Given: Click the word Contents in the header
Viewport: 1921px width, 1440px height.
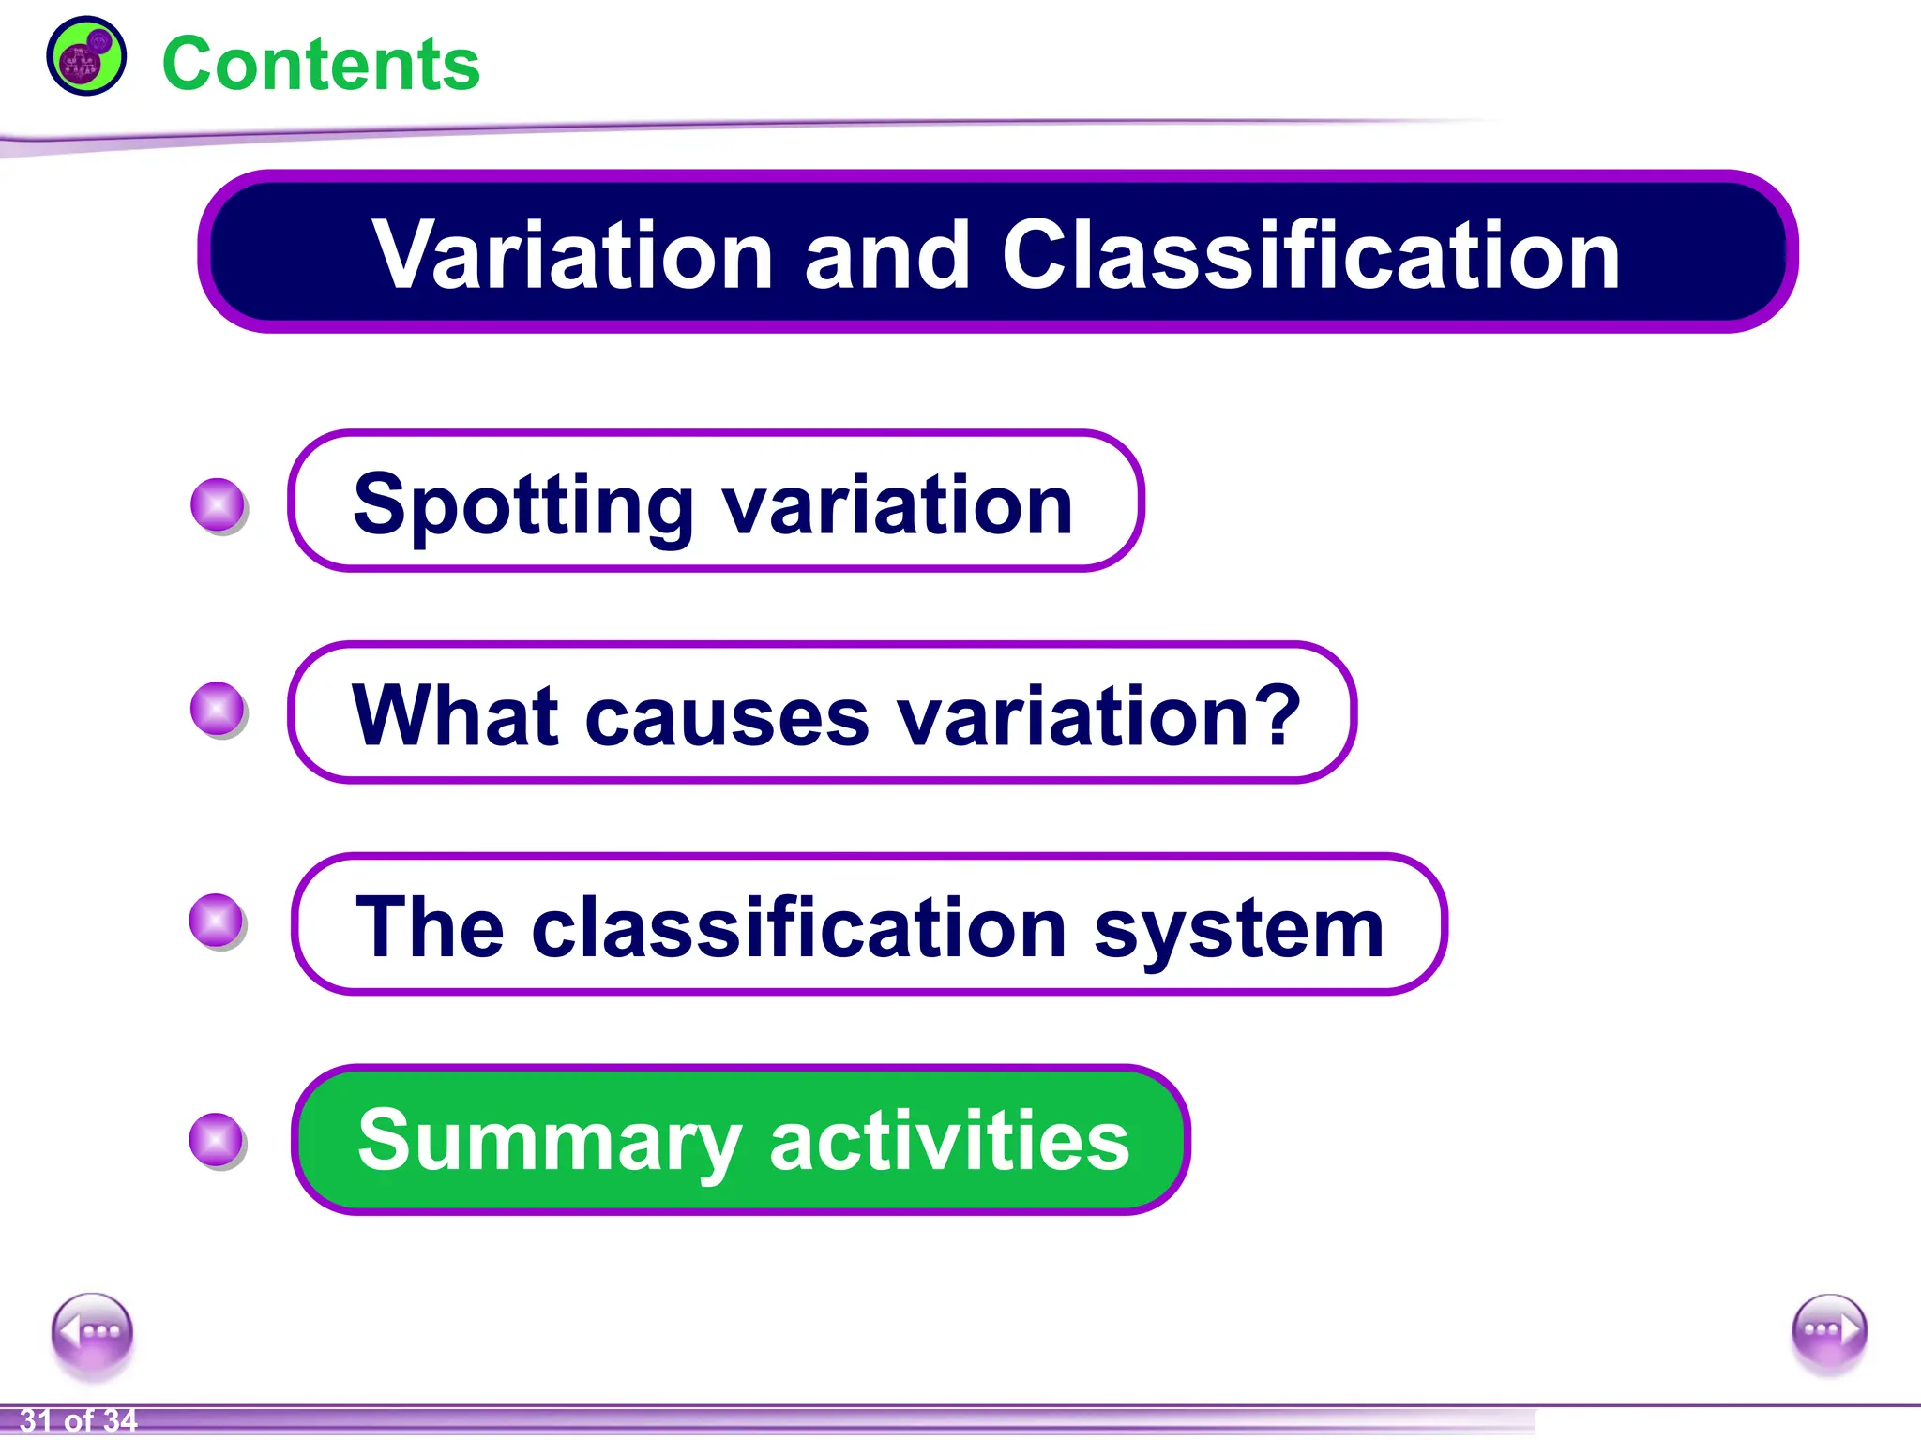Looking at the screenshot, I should click(321, 65).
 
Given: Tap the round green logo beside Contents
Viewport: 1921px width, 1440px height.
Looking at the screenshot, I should click(86, 56).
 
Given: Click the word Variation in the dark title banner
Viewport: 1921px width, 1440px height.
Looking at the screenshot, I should click(572, 255).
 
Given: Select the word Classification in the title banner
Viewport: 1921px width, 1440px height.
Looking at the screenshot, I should click(1310, 255).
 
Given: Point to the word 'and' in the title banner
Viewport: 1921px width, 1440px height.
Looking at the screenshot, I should click(886, 255).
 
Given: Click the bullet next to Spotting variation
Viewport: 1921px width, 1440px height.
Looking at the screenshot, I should click(219, 505).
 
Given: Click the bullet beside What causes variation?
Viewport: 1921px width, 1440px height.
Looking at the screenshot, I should click(219, 709).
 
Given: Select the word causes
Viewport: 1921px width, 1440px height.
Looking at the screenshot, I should click(727, 717).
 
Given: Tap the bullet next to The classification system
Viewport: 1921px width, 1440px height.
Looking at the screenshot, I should click(218, 921).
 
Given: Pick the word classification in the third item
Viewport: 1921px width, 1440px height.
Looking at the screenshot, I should click(798, 928).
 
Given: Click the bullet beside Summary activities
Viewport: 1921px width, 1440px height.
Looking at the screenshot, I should click(218, 1140).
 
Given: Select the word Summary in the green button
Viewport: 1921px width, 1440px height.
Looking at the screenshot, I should click(550, 1142).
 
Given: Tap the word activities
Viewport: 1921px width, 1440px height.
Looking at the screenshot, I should click(949, 1140).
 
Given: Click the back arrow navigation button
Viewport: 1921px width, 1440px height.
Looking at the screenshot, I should click(92, 1331).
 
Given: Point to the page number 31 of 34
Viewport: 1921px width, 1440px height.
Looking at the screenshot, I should click(79, 1420).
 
